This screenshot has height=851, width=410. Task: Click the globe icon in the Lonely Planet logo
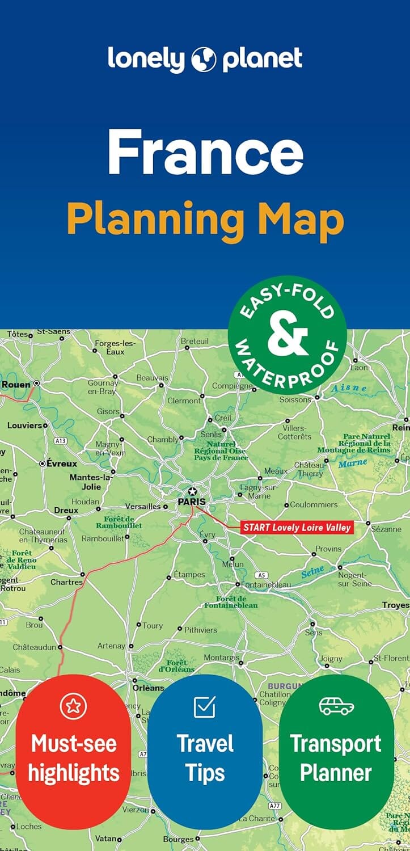(205, 60)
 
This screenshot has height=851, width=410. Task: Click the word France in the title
(205, 151)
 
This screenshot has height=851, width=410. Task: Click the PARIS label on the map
(191, 502)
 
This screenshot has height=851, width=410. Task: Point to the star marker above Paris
(193, 491)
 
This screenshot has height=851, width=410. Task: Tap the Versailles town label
(142, 506)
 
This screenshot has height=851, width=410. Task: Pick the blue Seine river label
(312, 571)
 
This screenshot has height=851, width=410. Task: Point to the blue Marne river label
(353, 463)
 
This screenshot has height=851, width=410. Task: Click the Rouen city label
(16, 384)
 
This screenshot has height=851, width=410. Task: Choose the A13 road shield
(61, 440)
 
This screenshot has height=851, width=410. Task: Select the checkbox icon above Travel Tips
(204, 706)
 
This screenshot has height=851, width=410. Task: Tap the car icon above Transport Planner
(336, 706)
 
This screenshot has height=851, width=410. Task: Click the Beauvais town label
(152, 378)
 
